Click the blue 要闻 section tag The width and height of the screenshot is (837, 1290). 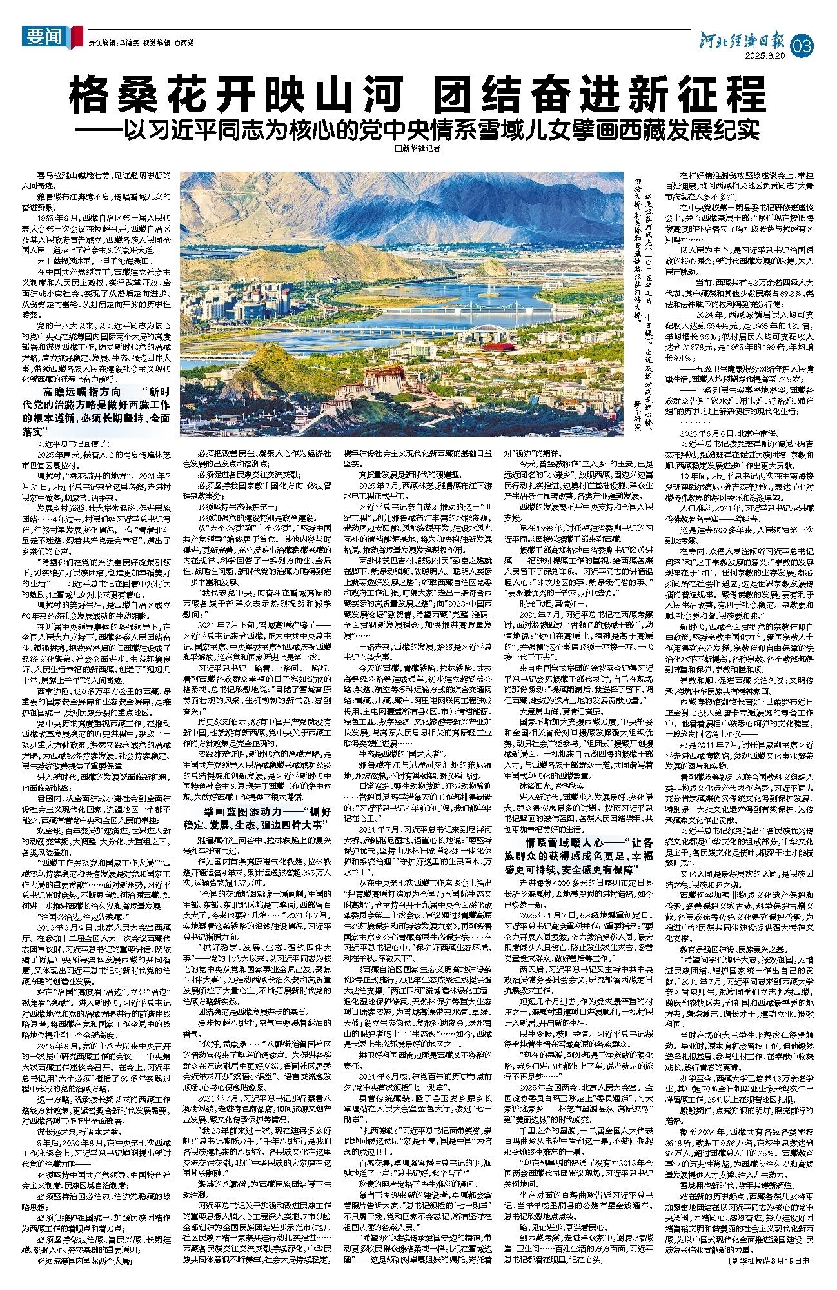point(44,37)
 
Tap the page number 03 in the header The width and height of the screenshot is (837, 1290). point(806,46)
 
